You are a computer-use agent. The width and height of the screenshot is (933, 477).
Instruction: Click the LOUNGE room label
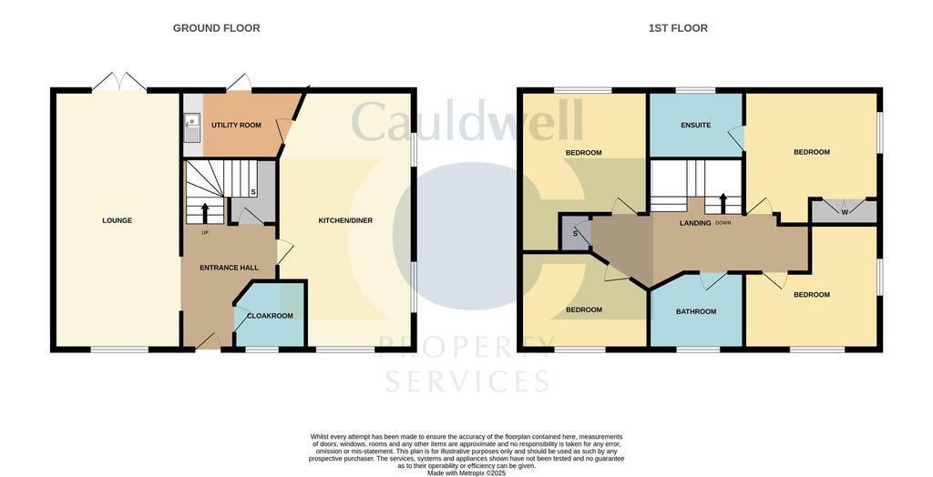tap(118, 220)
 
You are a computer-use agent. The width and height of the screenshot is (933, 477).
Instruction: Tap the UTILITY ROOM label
tap(236, 126)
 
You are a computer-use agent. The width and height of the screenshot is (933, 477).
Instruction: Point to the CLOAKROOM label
tap(270, 316)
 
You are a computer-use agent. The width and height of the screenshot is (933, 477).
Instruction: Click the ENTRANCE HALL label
tap(229, 268)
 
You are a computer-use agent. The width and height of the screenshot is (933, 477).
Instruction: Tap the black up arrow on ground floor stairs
tap(205, 212)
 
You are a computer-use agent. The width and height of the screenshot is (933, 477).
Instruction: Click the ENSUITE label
tap(695, 126)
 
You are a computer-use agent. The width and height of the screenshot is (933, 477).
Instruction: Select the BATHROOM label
tap(696, 311)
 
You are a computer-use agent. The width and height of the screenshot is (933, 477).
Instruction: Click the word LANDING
tap(695, 223)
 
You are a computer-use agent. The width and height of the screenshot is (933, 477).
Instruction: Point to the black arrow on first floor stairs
tap(723, 203)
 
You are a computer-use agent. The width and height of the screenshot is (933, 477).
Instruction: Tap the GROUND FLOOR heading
tap(217, 28)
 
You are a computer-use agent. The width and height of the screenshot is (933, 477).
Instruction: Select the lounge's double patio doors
tap(119, 82)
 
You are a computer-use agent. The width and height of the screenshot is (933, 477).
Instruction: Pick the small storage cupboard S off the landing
tap(574, 233)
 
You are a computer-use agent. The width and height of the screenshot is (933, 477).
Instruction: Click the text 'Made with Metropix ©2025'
tap(466, 472)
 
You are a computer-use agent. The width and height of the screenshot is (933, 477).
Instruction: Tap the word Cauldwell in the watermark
tap(467, 120)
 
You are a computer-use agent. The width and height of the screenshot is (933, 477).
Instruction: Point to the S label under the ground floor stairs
tap(253, 192)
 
